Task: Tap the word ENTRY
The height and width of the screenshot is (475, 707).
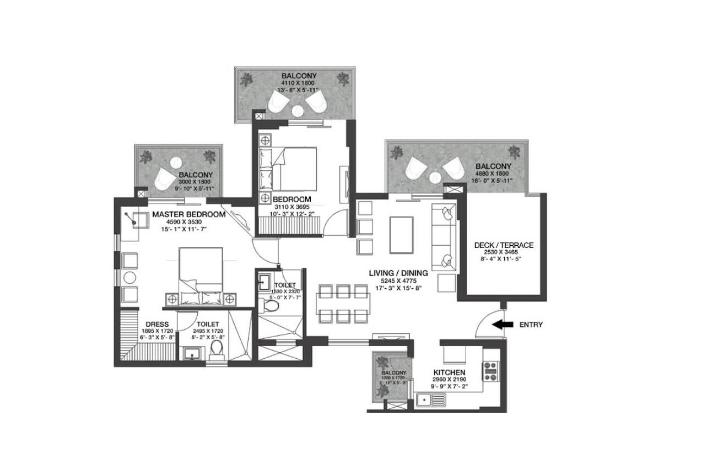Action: click(x=531, y=325)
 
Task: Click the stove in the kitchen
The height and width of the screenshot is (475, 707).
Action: click(x=490, y=370)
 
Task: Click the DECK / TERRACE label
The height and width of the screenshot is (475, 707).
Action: click(x=504, y=245)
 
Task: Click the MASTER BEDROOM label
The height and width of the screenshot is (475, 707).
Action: click(x=188, y=214)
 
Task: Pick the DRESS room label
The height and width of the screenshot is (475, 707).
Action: click(x=157, y=324)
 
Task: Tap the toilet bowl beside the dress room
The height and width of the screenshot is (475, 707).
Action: click(x=217, y=348)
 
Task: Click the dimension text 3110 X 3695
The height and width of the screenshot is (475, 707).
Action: click(x=292, y=207)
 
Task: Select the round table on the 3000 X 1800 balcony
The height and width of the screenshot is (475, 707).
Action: click(x=176, y=163)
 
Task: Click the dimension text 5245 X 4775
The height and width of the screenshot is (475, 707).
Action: click(x=400, y=280)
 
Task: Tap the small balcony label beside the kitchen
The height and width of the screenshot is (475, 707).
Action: click(x=393, y=373)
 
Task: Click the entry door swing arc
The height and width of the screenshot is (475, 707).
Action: click(x=485, y=320)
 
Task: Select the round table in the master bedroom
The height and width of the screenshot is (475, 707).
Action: click(x=130, y=277)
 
